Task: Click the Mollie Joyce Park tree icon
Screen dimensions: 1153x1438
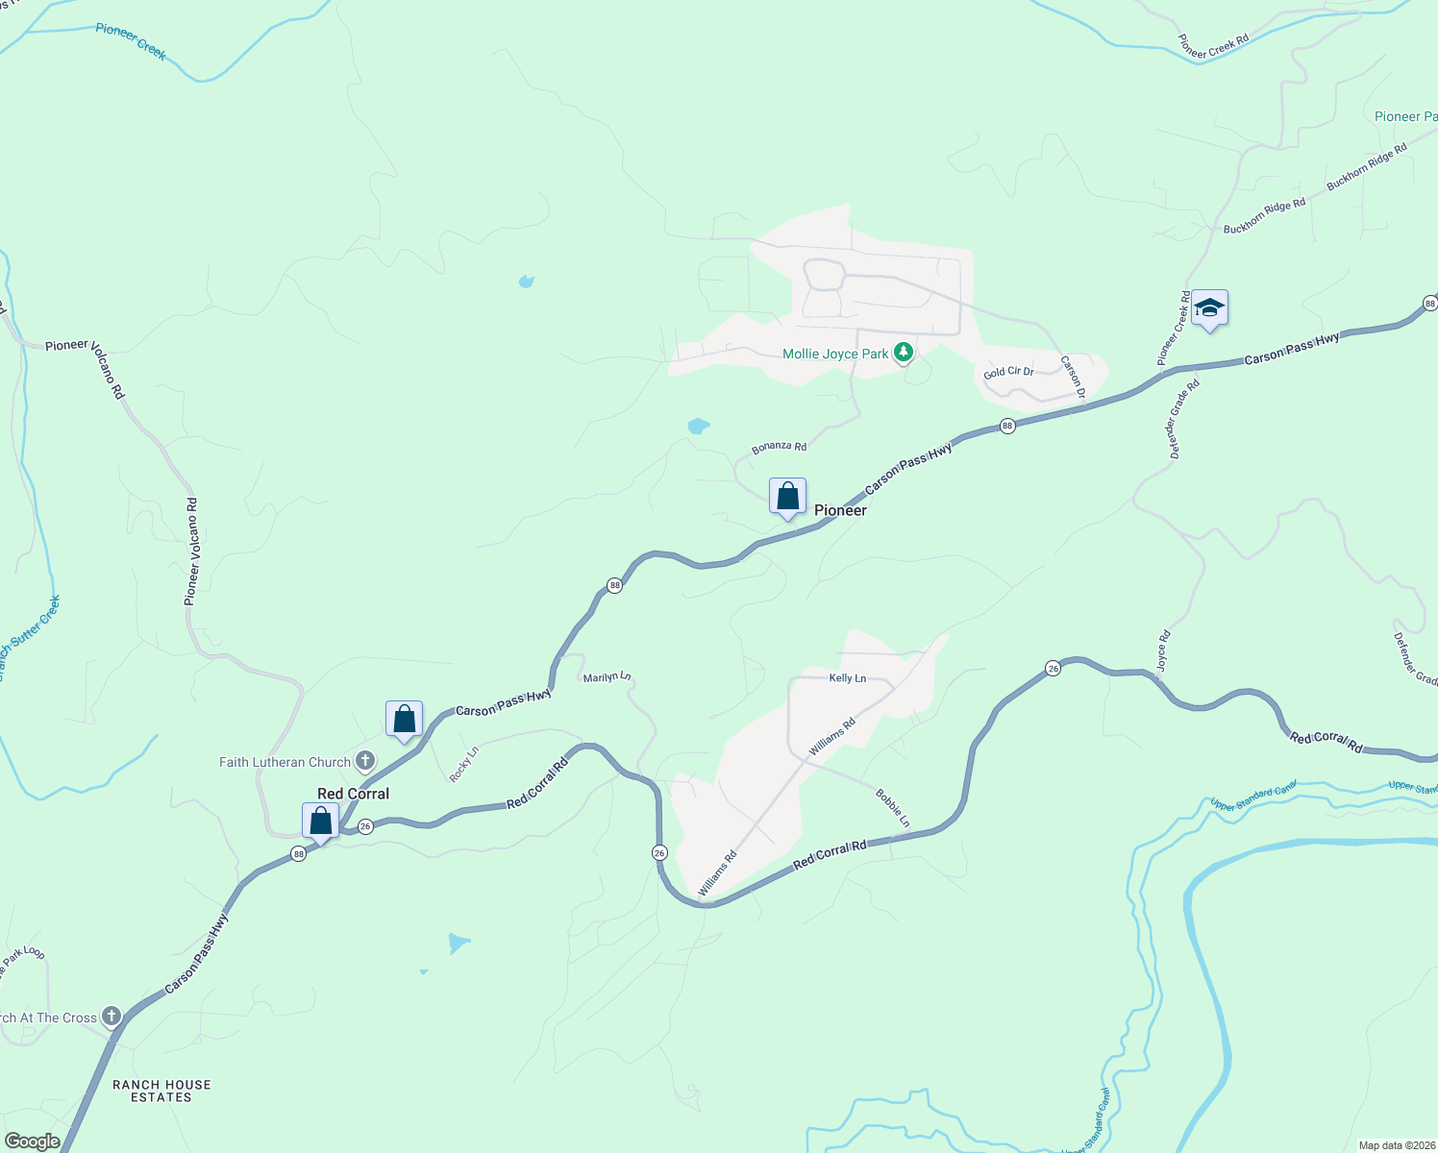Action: pos(903,354)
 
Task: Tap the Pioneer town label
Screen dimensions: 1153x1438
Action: pos(840,510)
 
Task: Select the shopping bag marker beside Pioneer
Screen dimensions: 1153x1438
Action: pos(787,497)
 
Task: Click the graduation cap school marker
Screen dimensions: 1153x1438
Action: pos(1209,308)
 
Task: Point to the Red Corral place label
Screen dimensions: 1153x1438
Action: pos(353,794)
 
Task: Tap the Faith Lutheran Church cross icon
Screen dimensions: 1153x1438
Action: pos(365,762)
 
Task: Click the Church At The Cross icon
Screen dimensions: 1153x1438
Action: pos(112,1017)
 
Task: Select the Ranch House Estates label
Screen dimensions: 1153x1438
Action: pos(161,1091)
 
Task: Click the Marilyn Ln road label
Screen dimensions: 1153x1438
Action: pos(607,677)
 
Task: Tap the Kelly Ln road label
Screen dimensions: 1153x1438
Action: pos(848,678)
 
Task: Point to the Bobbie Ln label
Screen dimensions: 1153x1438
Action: pos(892,808)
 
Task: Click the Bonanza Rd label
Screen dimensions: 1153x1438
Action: pos(779,447)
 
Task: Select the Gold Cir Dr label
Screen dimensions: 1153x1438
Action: pos(1008,372)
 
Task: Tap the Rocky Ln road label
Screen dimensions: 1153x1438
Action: pos(464,764)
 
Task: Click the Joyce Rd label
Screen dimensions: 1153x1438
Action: pos(1163,650)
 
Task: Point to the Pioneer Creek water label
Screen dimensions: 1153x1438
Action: pos(131,41)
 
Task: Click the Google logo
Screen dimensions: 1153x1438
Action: pos(32,1141)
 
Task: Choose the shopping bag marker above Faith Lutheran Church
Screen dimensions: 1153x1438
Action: pos(404,720)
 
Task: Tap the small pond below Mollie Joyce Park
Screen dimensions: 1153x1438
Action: pos(699,425)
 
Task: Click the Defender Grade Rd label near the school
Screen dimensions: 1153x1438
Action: pos(1182,419)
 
